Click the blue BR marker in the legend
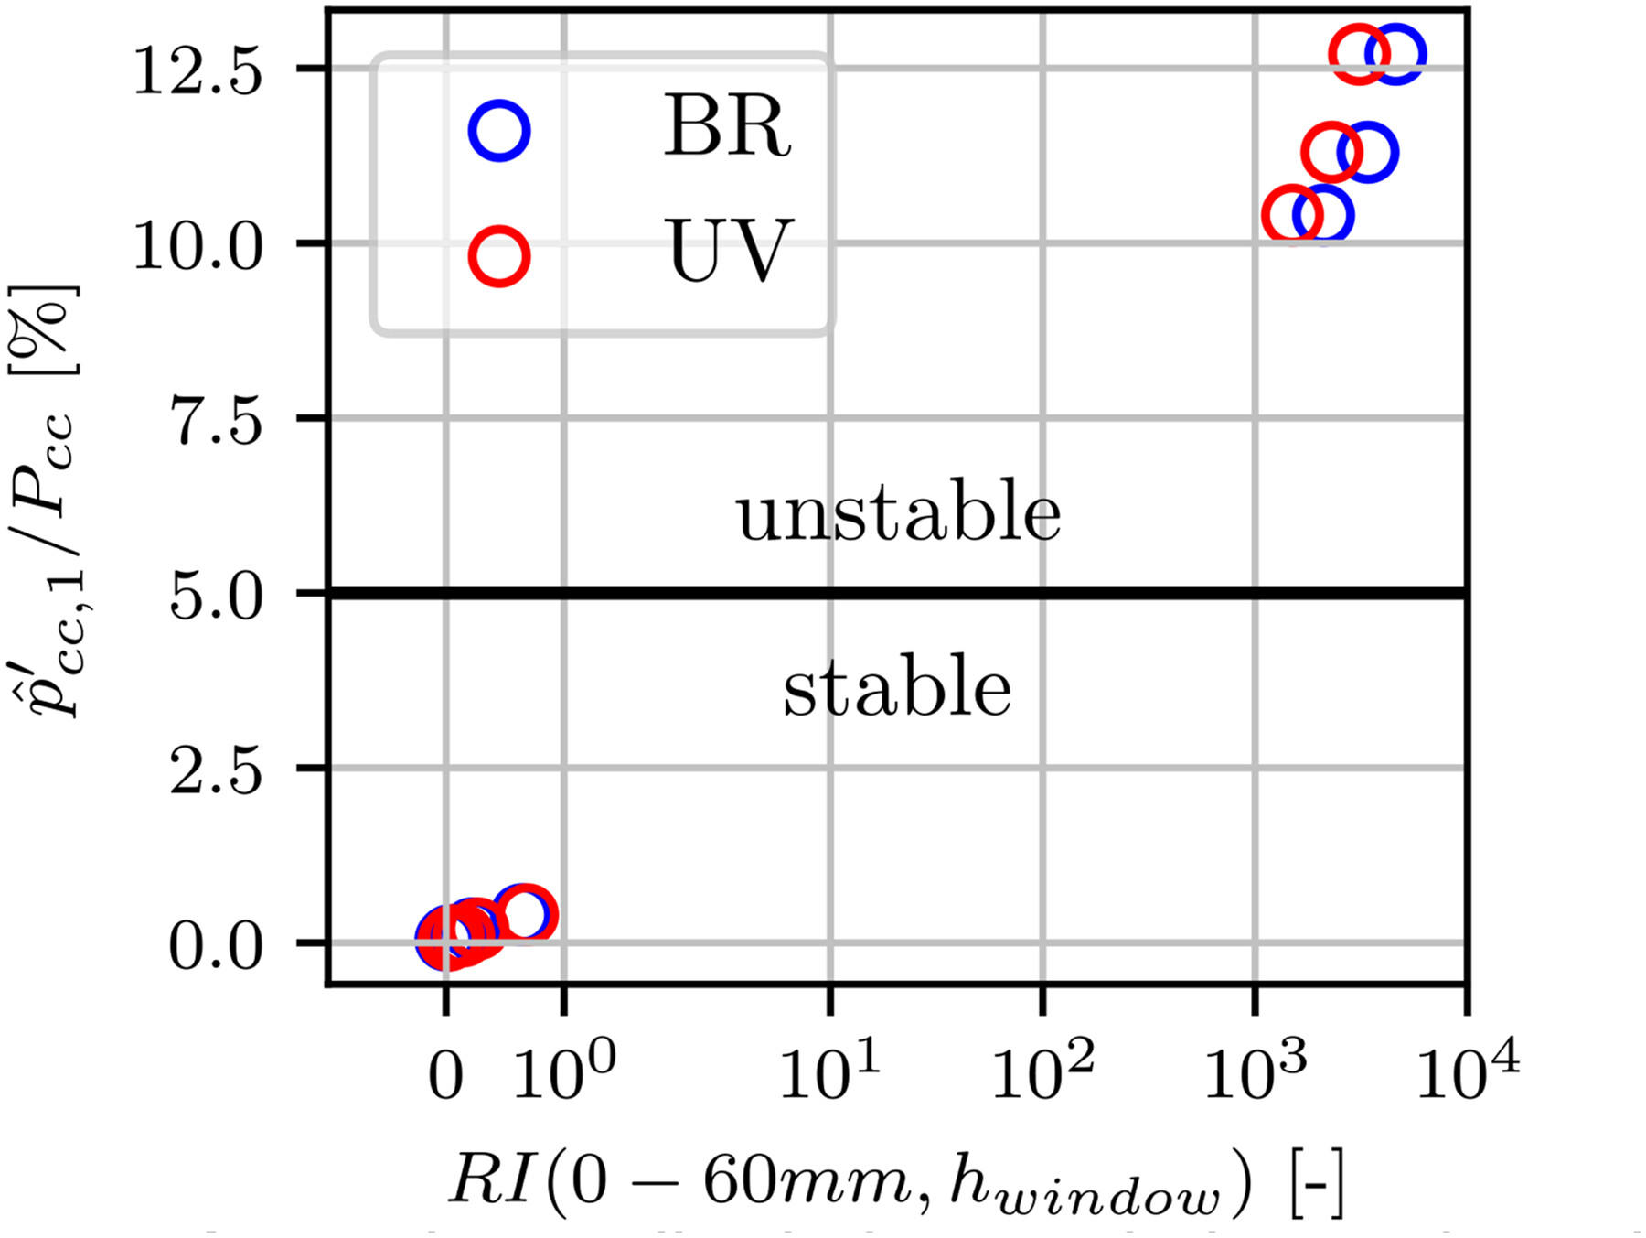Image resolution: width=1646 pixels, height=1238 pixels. [x=499, y=131]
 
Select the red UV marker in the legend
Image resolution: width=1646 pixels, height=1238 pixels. [x=499, y=256]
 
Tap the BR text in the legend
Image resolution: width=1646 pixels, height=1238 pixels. [x=727, y=127]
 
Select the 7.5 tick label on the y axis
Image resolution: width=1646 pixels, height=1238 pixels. [x=217, y=422]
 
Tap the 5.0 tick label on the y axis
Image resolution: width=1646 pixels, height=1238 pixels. [x=217, y=597]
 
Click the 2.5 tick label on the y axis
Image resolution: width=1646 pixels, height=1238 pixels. [x=217, y=771]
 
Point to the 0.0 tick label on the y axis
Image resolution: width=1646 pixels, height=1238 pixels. [x=217, y=947]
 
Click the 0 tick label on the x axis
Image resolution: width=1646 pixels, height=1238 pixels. [x=445, y=1077]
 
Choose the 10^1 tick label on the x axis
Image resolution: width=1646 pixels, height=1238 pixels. [x=828, y=1071]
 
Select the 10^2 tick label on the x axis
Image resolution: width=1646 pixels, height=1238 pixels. [x=1042, y=1071]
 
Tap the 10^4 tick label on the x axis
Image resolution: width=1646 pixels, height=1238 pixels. [x=1467, y=1071]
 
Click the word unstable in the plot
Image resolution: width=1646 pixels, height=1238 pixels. [x=898, y=512]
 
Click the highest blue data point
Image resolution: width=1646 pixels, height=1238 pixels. [x=1395, y=55]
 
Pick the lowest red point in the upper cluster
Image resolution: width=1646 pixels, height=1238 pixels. [x=1292, y=215]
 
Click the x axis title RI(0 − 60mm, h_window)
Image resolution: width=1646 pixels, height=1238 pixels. [x=896, y=1183]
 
